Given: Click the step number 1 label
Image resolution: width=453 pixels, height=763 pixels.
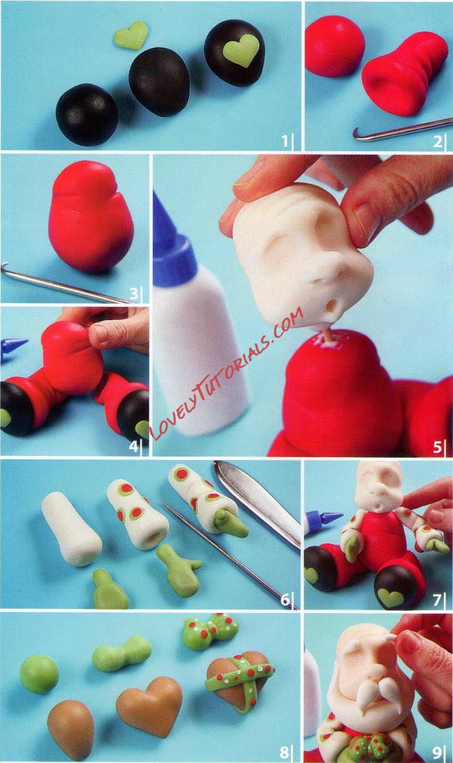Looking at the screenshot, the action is [285, 140].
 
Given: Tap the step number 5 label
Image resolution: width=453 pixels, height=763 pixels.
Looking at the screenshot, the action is [437, 446].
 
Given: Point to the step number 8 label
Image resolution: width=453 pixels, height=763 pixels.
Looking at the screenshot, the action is [284, 751].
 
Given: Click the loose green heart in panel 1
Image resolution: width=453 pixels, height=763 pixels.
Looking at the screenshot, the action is [131, 35].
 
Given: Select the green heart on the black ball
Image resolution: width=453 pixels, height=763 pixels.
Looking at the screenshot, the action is [241, 50].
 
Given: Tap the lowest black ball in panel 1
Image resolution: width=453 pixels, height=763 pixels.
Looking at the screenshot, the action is [87, 114].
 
